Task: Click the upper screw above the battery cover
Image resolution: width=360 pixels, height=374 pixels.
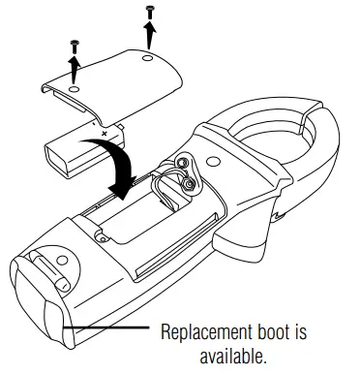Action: point(149,11)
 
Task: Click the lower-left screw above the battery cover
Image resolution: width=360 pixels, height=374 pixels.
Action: point(75,45)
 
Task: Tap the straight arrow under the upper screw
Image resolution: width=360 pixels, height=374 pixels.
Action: point(150,34)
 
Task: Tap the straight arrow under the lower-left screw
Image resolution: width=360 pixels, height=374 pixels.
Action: point(75,68)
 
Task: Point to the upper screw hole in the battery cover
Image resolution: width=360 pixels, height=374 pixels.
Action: point(144,60)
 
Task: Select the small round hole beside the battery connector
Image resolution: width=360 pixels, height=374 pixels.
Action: point(99,233)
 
